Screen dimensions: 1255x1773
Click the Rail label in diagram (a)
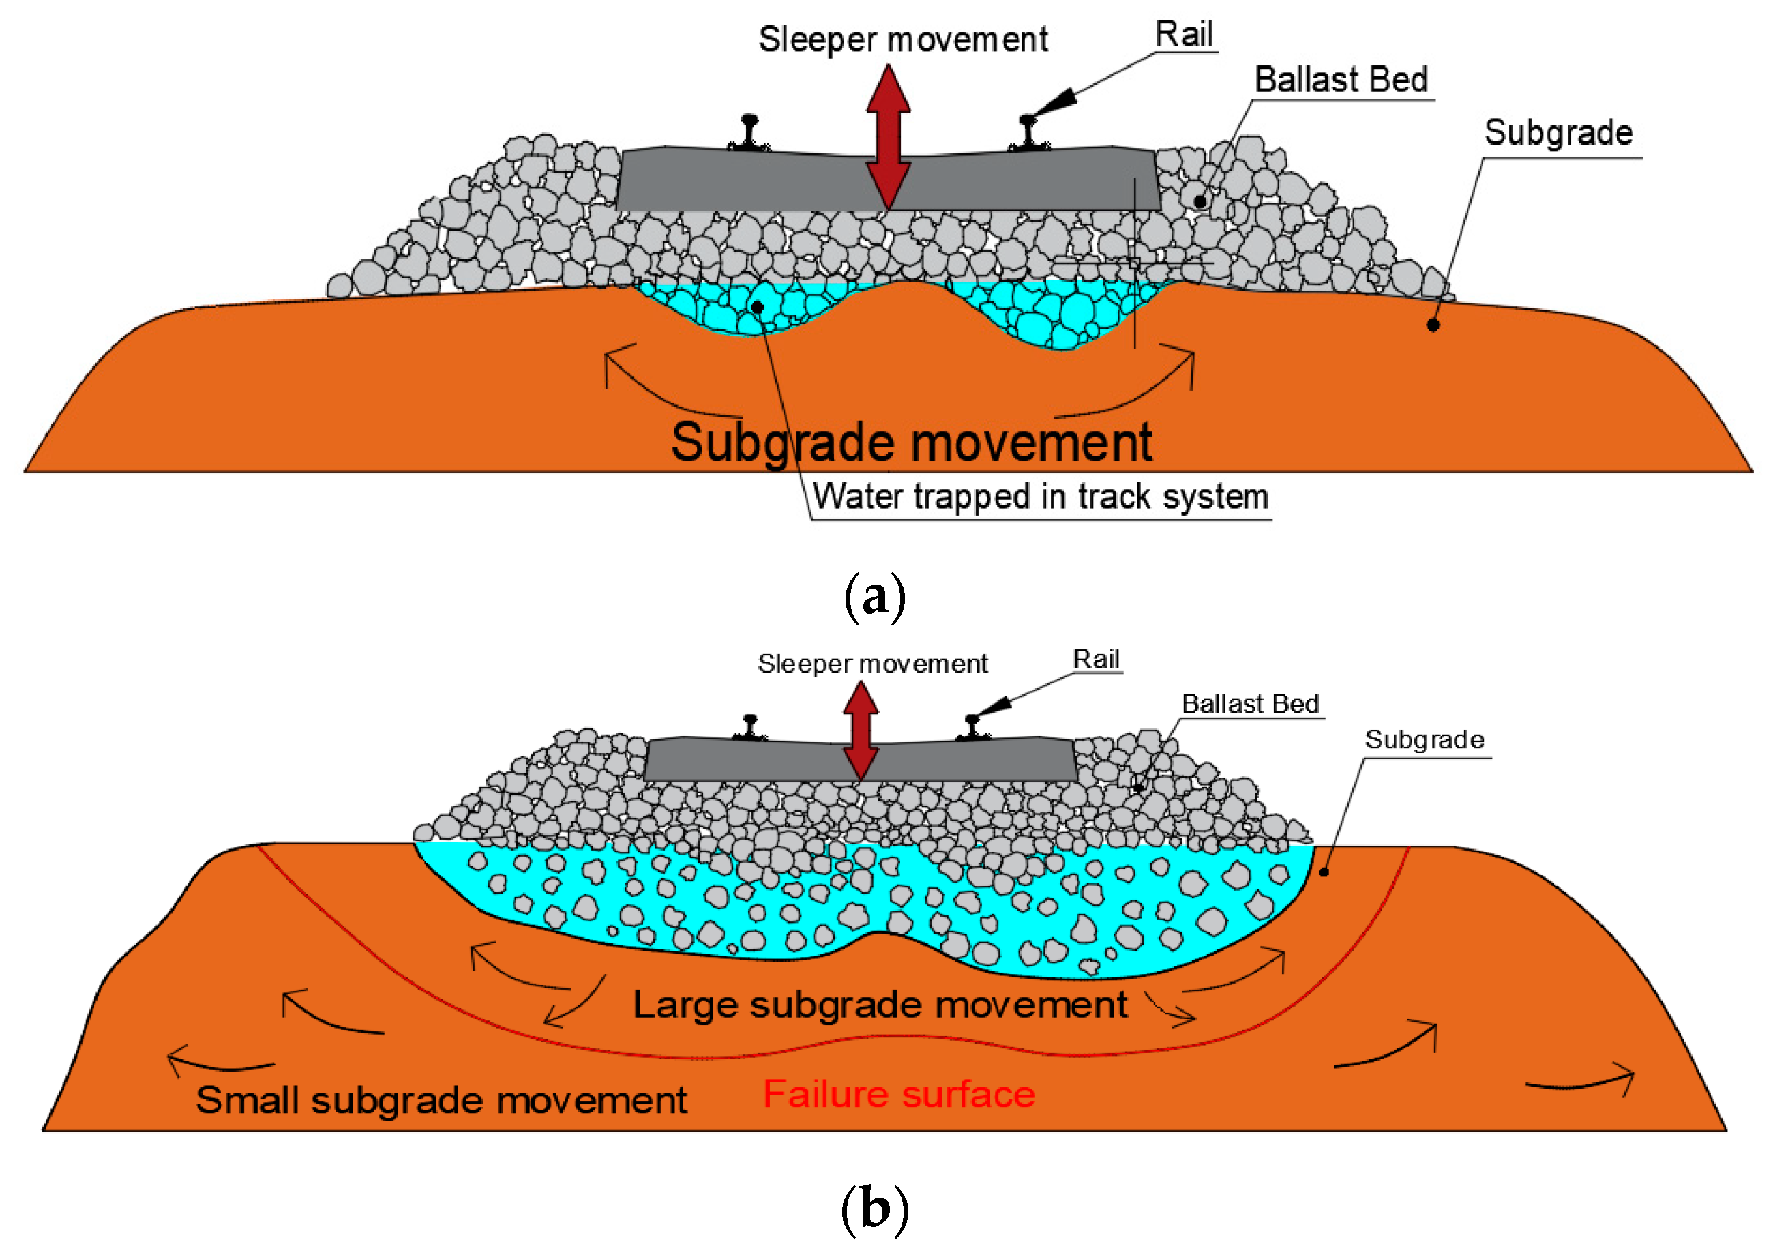tap(1184, 35)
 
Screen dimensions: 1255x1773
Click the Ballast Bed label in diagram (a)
tap(1341, 80)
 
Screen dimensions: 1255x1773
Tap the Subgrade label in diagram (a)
tap(1558, 133)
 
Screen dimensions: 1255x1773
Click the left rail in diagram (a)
tap(749, 133)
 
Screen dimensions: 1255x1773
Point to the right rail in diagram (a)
tap(1028, 134)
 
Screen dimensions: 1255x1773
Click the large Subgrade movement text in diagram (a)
tap(911, 443)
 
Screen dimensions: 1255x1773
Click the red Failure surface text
tap(899, 1094)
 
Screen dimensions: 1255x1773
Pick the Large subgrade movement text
tap(879, 1005)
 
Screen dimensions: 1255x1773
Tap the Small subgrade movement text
tap(441, 1100)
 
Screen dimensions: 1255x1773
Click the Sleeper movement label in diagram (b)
tap(871, 664)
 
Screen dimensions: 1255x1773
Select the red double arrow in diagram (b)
tap(860, 730)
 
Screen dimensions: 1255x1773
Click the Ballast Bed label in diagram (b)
tap(1249, 704)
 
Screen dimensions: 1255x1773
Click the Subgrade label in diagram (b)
tap(1424, 739)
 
